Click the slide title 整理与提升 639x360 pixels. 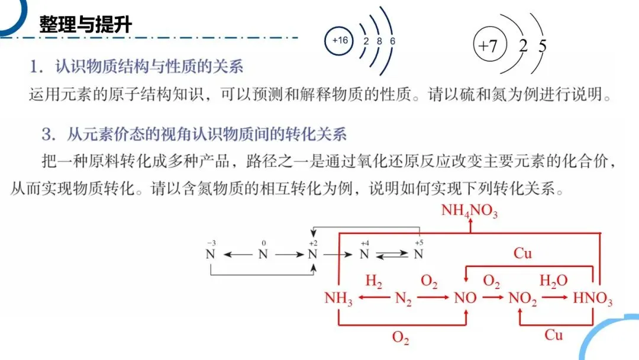pyautogui.click(x=86, y=25)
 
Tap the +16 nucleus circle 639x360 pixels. pyautogui.click(x=340, y=41)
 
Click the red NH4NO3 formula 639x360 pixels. pyautogui.click(x=469, y=211)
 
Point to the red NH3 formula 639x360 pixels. pyautogui.click(x=338, y=299)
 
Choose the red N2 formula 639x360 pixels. pyautogui.click(x=404, y=299)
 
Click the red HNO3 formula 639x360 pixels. pyautogui.click(x=593, y=299)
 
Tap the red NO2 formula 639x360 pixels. pyautogui.click(x=523, y=299)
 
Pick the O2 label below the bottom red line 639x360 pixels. pyautogui.click(x=401, y=337)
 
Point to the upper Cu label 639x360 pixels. pyautogui.click(x=522, y=254)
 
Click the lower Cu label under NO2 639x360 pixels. pyautogui.click(x=553, y=335)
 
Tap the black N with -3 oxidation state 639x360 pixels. pyautogui.click(x=210, y=255)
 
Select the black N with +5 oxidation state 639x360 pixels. pyautogui.click(x=418, y=255)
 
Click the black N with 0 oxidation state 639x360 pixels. pyautogui.click(x=263, y=255)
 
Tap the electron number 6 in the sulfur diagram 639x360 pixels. pyautogui.click(x=393, y=41)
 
